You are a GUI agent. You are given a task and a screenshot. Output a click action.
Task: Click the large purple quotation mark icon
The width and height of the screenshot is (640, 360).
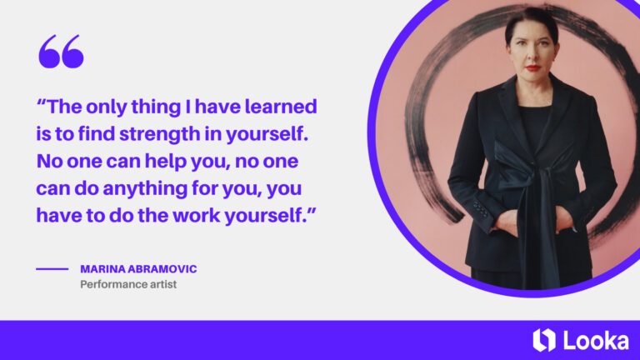point(61,52)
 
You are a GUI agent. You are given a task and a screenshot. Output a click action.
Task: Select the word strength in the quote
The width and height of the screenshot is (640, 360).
point(146,133)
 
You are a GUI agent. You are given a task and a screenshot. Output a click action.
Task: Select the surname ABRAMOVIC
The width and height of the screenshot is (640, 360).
point(167,269)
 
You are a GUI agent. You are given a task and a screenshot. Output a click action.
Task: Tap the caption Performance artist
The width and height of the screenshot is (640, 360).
point(128,285)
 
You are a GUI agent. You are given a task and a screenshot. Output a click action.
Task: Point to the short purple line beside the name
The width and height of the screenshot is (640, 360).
point(52,269)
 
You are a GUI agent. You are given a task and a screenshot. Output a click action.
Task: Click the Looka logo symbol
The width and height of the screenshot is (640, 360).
point(542,340)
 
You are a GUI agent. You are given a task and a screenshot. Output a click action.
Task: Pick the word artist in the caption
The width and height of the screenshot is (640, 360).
point(162,285)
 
